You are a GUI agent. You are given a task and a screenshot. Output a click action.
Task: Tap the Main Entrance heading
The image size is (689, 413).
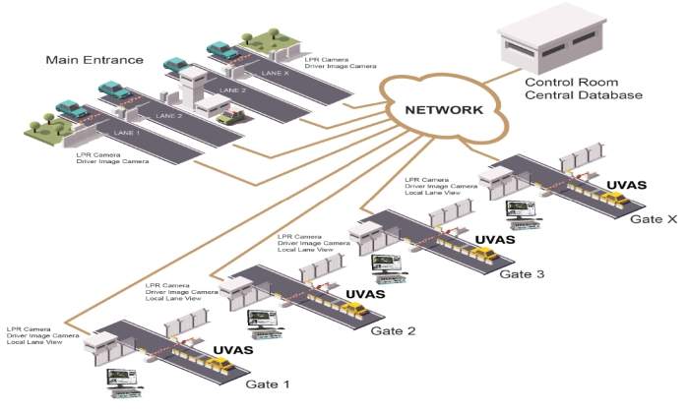[x=93, y=60]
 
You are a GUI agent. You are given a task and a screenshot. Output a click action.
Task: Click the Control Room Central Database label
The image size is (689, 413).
[x=583, y=89]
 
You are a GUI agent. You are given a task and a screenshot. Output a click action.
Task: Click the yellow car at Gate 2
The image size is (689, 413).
[x=356, y=309]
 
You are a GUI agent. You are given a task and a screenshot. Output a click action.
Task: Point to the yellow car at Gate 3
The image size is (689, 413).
[x=482, y=255]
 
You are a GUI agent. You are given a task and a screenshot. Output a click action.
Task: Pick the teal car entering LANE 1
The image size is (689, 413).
[x=72, y=109]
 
